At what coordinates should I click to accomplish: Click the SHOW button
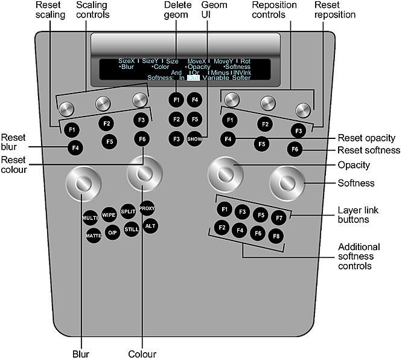click(x=194, y=139)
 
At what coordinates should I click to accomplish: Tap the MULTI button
click(x=90, y=217)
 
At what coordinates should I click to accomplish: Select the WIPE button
click(x=109, y=214)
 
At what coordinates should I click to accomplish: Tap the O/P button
click(x=112, y=233)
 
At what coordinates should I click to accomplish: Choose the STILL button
click(x=132, y=230)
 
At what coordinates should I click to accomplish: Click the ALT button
click(x=150, y=226)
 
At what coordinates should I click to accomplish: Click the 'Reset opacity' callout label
click(x=366, y=138)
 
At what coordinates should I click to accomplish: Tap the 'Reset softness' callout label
click(x=368, y=150)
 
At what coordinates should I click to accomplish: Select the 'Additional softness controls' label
click(x=359, y=257)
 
